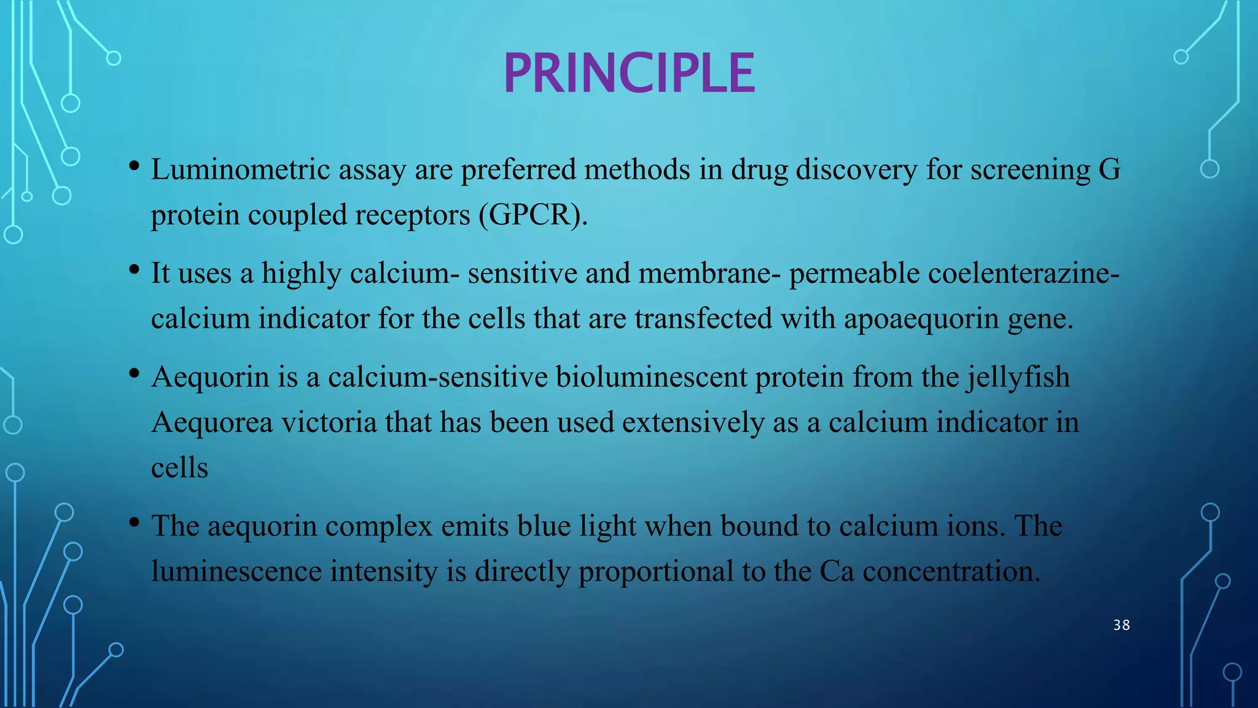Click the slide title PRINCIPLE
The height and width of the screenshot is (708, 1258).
point(629,73)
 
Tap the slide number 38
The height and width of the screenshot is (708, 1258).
point(1122,625)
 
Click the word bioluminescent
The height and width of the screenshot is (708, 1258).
point(651,377)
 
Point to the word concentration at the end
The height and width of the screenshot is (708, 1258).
point(951,572)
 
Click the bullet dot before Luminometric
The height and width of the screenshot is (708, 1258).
point(135,166)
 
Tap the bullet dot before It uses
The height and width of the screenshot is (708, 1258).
point(135,270)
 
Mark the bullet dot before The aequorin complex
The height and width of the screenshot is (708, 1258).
point(135,522)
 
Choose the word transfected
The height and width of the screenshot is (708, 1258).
point(703,319)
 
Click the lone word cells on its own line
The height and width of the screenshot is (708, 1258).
point(179,468)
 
